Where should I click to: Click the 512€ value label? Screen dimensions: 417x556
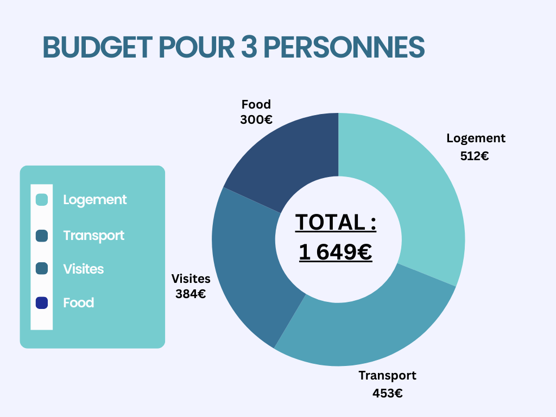click(475, 156)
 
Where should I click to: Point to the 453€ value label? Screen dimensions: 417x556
click(387, 394)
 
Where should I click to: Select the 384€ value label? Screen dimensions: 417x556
click(191, 294)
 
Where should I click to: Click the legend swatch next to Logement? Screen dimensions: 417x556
click(42, 200)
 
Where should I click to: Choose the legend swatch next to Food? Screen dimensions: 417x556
click(42, 303)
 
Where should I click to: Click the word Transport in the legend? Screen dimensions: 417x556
click(93, 236)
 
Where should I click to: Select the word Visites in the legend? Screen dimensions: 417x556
click(83, 269)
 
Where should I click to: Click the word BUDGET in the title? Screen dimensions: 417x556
click(97, 48)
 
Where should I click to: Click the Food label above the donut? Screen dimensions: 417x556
click(256, 104)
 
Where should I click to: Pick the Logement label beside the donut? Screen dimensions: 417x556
click(476, 138)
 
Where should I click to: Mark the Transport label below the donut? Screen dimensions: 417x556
click(387, 375)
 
